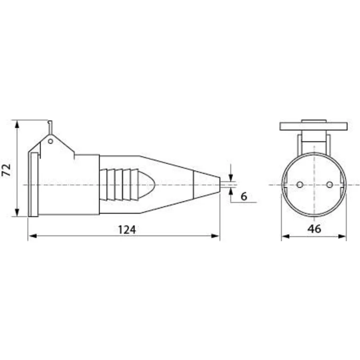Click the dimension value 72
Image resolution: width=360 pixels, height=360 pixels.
(6, 170)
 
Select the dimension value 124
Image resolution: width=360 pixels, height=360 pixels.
(127, 229)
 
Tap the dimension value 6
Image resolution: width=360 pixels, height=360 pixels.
(244, 196)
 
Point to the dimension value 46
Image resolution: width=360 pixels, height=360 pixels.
(314, 229)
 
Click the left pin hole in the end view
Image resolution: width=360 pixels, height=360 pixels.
(300, 184)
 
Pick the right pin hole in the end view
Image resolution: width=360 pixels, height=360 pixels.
(330, 184)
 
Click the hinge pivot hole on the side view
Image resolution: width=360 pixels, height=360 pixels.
(50, 141)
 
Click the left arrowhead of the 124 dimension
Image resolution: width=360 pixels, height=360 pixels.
(33, 236)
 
